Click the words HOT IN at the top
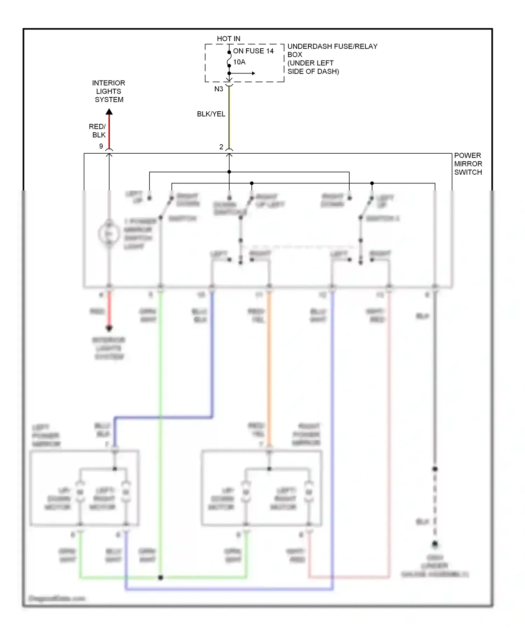pyautogui.click(x=228, y=39)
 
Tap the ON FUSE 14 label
pyautogui.click(x=253, y=51)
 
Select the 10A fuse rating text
pyautogui.click(x=239, y=62)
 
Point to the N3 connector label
pyautogui.click(x=219, y=89)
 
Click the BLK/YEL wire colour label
pyautogui.click(x=211, y=114)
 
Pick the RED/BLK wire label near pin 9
pyautogui.click(x=98, y=131)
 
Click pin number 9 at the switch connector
pyautogui.click(x=101, y=146)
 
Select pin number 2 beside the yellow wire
pyautogui.click(x=221, y=147)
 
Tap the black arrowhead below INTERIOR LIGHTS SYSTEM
pyautogui.click(x=109, y=112)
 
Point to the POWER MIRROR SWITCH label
pyautogui.click(x=468, y=163)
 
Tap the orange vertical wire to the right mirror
pyautogui.click(x=269, y=368)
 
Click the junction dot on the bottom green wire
pyautogui.click(x=161, y=578)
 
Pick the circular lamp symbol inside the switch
pyautogui.click(x=109, y=234)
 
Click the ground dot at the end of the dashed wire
pyautogui.click(x=435, y=544)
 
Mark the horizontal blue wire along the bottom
pyautogui.click(x=227, y=590)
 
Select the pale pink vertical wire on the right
pyautogui.click(x=388, y=420)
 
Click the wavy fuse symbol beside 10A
pyautogui.click(x=229, y=62)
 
